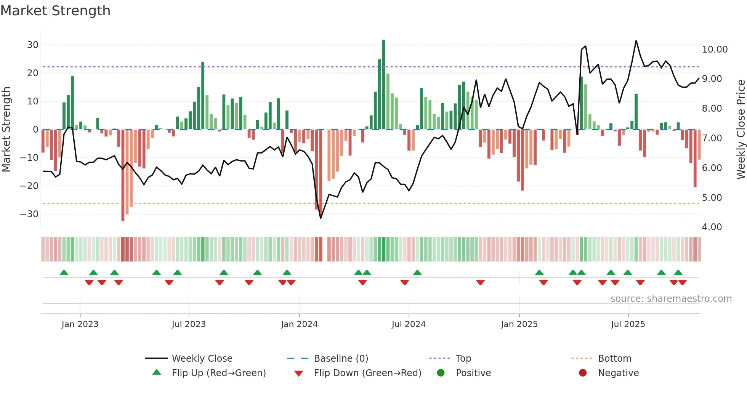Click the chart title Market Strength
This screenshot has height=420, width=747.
click(x=55, y=11)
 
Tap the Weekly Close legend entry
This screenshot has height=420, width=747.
click(x=202, y=359)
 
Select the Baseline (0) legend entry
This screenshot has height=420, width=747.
click(x=341, y=359)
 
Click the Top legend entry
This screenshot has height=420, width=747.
click(x=463, y=359)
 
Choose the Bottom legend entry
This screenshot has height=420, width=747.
click(x=614, y=359)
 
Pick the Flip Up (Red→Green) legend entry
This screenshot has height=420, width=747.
click(x=218, y=373)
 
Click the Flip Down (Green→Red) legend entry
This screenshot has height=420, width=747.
click(x=367, y=373)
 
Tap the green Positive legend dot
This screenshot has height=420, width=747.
click(x=441, y=373)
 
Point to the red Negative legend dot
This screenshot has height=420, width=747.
click(x=583, y=373)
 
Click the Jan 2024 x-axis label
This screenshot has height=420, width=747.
click(x=299, y=324)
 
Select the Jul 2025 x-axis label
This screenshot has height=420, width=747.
click(x=628, y=324)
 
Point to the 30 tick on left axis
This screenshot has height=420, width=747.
click(x=33, y=45)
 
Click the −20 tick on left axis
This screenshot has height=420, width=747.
click(x=29, y=186)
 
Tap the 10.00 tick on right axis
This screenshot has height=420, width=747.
click(x=715, y=50)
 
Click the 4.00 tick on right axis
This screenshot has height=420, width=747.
click(x=712, y=227)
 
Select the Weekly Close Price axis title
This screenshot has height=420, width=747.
click(x=741, y=130)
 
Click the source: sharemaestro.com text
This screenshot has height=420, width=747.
click(x=671, y=299)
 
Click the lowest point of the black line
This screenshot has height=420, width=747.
click(x=321, y=218)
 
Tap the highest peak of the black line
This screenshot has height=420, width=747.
click(x=636, y=41)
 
